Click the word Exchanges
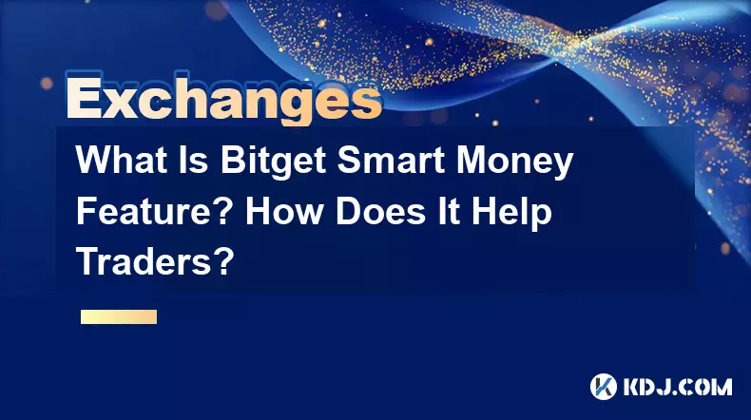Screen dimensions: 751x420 [x=224, y=98]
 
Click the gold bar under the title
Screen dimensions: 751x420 [x=119, y=316]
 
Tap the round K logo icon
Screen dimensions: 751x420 [x=603, y=387]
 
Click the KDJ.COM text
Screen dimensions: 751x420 [x=678, y=387]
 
